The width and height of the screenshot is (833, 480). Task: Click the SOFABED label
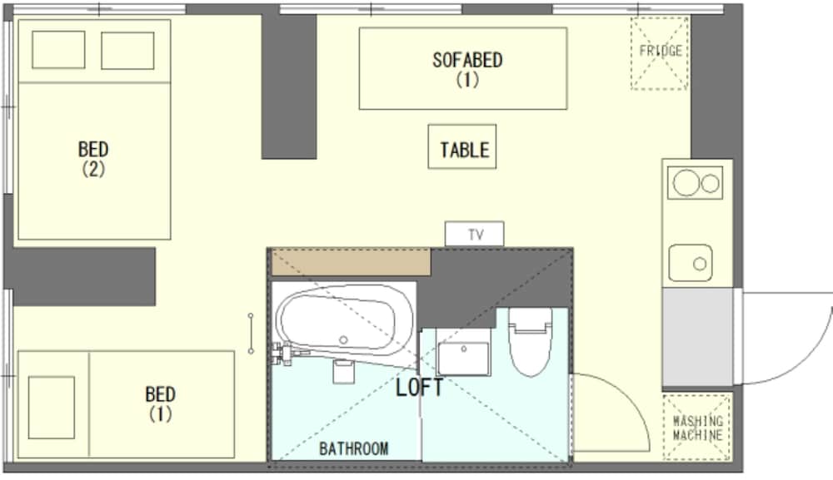click(467, 60)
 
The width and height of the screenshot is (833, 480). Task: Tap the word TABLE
click(465, 150)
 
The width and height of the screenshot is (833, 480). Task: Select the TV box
click(475, 234)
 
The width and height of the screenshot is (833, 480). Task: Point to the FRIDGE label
click(661, 51)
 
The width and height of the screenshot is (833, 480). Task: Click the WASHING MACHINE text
click(697, 428)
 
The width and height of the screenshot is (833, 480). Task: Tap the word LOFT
click(419, 388)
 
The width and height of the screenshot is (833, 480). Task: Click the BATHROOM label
click(354, 448)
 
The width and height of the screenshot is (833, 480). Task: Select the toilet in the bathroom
click(530, 342)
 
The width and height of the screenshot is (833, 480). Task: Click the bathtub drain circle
click(343, 340)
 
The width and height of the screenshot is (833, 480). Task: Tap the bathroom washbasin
click(463, 358)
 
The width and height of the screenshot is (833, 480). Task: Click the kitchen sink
click(691, 263)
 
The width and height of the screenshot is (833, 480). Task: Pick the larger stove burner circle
click(686, 183)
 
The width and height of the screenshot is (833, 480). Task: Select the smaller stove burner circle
click(711, 184)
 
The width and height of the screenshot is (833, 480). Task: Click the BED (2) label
click(93, 159)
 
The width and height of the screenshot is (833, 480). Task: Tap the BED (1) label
click(160, 403)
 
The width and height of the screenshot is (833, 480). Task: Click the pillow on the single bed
click(52, 408)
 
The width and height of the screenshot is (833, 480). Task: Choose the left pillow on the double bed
click(58, 50)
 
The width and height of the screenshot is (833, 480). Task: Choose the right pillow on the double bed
click(127, 51)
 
